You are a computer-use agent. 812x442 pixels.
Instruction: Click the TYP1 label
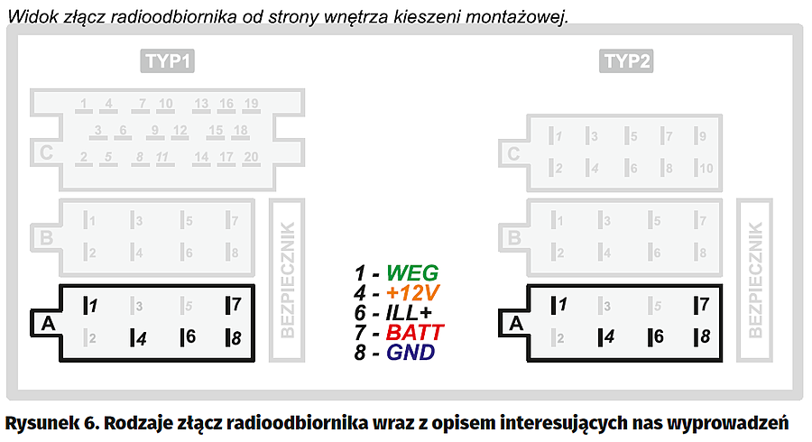click(x=169, y=61)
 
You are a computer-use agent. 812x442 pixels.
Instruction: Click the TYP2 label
click(x=627, y=61)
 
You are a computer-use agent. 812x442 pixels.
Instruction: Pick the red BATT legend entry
click(x=414, y=333)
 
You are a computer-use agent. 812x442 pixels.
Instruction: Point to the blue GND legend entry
click(x=411, y=353)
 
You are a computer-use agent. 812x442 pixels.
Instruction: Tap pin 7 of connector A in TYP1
click(x=234, y=305)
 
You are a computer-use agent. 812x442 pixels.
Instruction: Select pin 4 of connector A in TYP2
click(x=607, y=337)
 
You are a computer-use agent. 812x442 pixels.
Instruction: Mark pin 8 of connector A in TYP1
click(x=234, y=337)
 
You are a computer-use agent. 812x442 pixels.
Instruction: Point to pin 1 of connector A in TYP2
click(x=560, y=305)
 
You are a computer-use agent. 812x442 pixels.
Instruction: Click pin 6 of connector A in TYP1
click(x=187, y=337)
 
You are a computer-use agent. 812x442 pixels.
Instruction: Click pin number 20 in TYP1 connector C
click(x=250, y=158)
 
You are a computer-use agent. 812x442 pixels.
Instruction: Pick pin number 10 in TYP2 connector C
click(x=705, y=168)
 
